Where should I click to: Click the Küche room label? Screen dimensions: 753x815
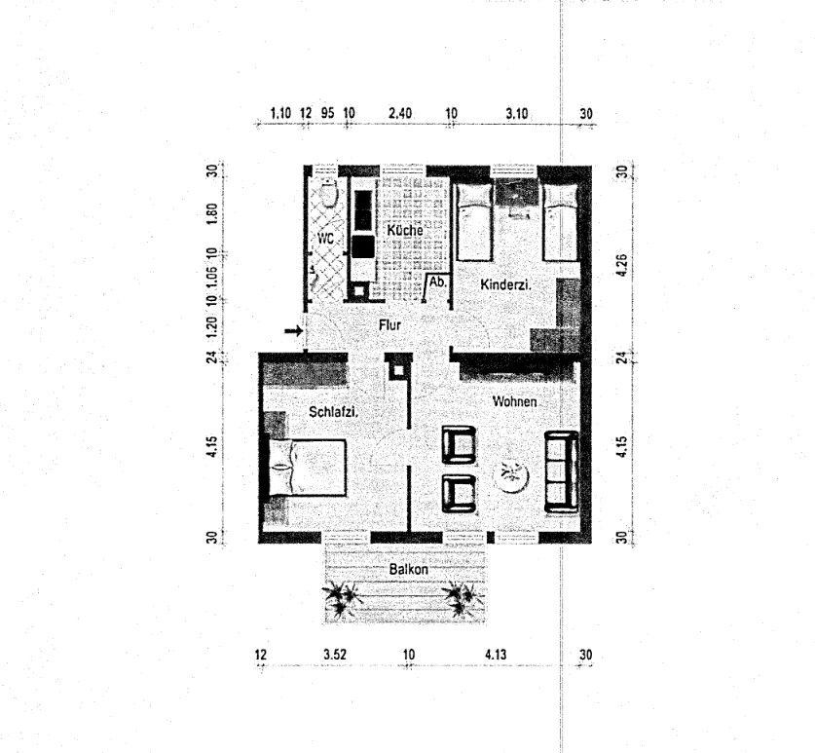click(404, 230)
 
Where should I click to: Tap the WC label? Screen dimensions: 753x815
click(324, 238)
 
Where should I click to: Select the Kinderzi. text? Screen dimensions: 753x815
click(505, 284)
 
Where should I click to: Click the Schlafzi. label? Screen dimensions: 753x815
click(334, 412)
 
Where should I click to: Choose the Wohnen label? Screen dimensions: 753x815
click(515, 401)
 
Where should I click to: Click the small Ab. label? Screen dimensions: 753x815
click(438, 282)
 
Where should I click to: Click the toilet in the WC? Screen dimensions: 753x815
click(328, 194)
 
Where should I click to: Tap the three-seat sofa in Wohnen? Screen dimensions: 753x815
click(561, 471)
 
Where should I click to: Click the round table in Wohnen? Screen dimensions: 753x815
click(510, 476)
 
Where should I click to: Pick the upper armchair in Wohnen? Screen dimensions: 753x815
click(459, 444)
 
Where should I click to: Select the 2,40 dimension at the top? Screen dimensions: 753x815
click(400, 113)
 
